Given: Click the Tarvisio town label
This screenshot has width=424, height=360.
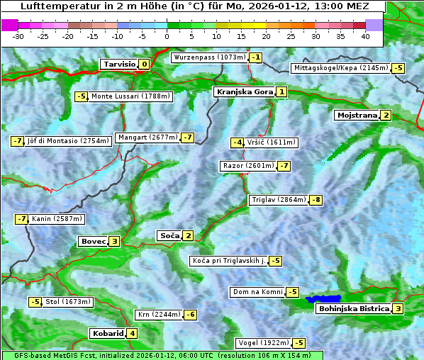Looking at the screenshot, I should pyautogui.click(x=118, y=64).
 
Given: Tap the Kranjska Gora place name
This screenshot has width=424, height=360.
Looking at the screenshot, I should pyautogui.click(x=244, y=92).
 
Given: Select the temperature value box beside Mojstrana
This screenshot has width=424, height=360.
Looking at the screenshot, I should pyautogui.click(x=386, y=116).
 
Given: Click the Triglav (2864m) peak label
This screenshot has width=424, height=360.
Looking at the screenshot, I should pyautogui.click(x=279, y=200).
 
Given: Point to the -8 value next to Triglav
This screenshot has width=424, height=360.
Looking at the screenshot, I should pyautogui.click(x=316, y=200).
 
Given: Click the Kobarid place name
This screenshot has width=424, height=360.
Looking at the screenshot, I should pyautogui.click(x=108, y=334).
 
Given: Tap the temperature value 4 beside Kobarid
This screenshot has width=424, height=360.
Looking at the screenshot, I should pyautogui.click(x=132, y=334).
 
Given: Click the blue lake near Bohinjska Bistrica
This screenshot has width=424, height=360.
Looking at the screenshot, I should pyautogui.click(x=323, y=299).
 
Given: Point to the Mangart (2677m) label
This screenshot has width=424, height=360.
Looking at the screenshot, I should pyautogui.click(x=147, y=137).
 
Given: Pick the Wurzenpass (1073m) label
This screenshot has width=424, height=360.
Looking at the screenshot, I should pyautogui.click(x=209, y=57).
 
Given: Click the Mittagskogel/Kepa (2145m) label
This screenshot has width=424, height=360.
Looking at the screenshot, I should pyautogui.click(x=340, y=68).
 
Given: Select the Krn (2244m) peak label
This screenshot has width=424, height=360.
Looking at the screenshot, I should pyautogui.click(x=159, y=315).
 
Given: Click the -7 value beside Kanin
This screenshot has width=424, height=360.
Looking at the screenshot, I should pyautogui.click(x=21, y=220).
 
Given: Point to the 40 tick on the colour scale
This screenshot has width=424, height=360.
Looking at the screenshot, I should pyautogui.click(x=365, y=36).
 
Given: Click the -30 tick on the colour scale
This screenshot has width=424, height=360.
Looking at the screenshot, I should pyautogui.click(x=18, y=36).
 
